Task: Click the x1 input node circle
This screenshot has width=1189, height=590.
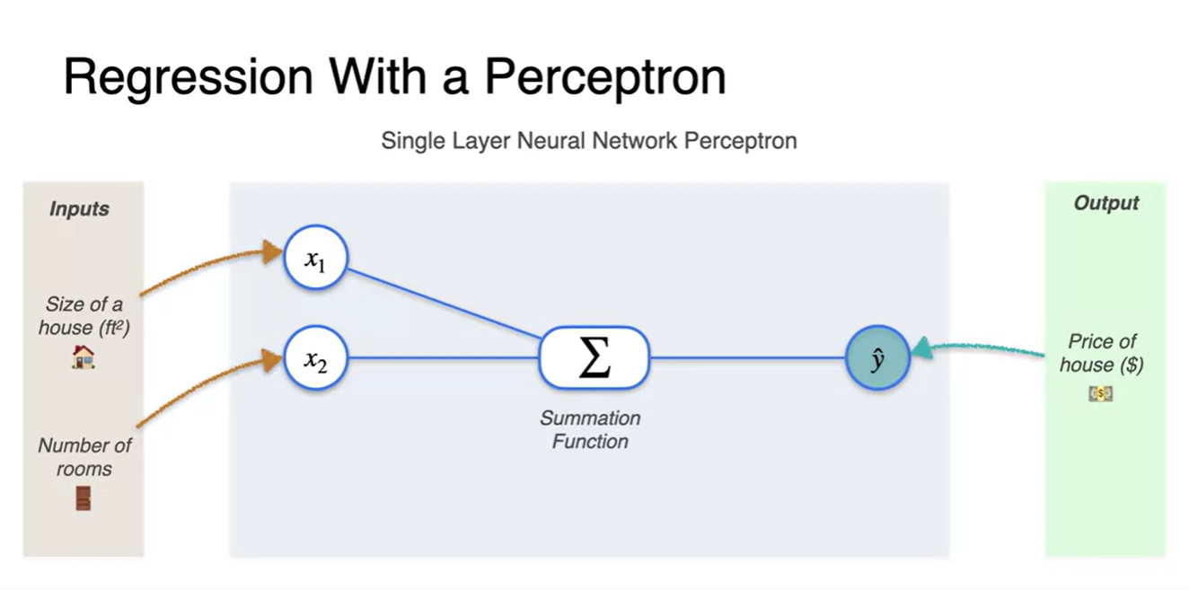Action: (314, 259)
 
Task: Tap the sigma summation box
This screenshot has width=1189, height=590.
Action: (593, 357)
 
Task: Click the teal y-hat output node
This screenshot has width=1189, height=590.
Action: (877, 357)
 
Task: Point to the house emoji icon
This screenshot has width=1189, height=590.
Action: (83, 357)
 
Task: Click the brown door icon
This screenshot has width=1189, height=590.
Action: (83, 498)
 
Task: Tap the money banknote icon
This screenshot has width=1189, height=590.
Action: (1100, 393)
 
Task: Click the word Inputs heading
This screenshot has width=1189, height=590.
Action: (79, 209)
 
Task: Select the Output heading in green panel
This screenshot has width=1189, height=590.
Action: (1105, 204)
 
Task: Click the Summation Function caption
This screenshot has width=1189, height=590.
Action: (590, 429)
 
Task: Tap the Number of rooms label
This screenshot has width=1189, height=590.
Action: (84, 457)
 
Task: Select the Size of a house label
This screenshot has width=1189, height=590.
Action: (84, 316)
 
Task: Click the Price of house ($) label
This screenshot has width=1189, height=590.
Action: (1101, 353)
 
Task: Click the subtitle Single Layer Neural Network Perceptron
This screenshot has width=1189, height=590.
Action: (588, 141)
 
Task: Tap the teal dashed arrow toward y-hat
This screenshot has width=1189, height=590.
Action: (979, 345)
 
